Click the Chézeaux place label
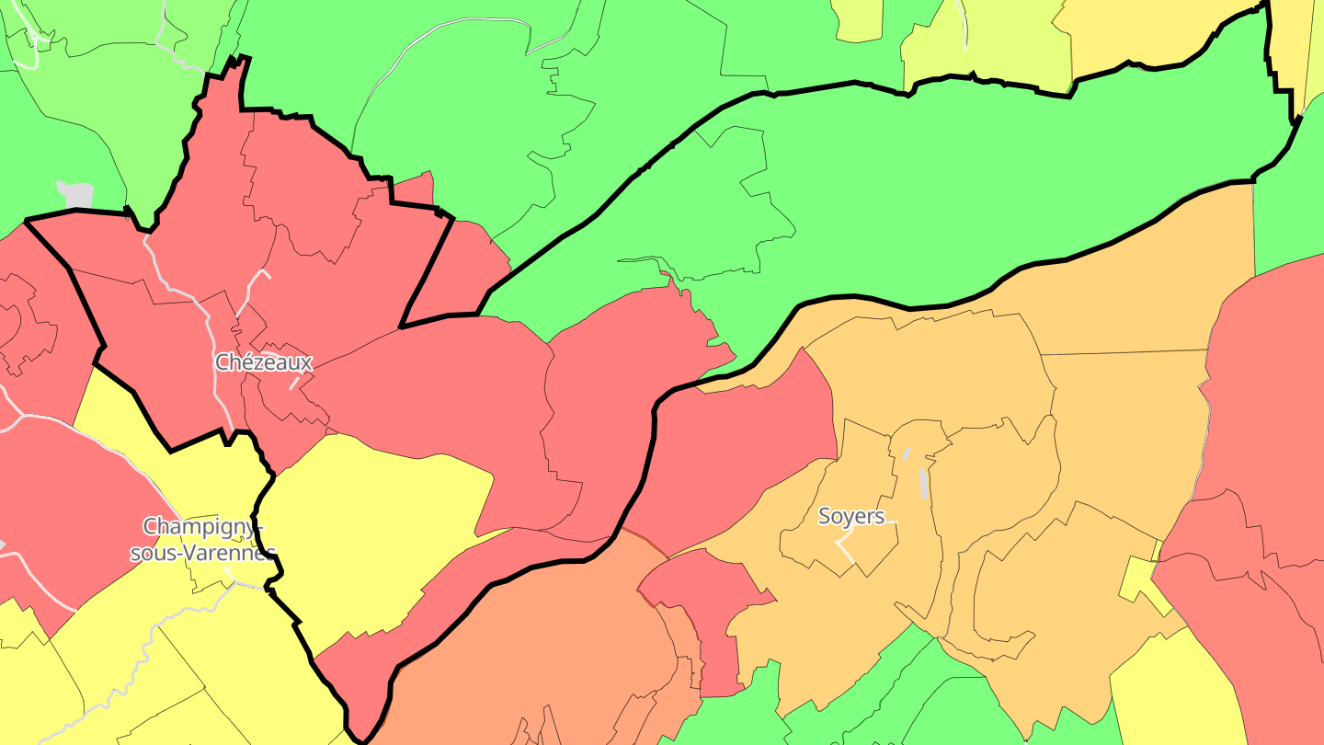[x=264, y=362]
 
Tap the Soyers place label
[x=851, y=516]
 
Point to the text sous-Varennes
[x=202, y=553]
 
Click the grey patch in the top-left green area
[x=77, y=195]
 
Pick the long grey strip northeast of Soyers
[x=924, y=483]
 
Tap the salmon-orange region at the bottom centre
[x=552, y=644]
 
